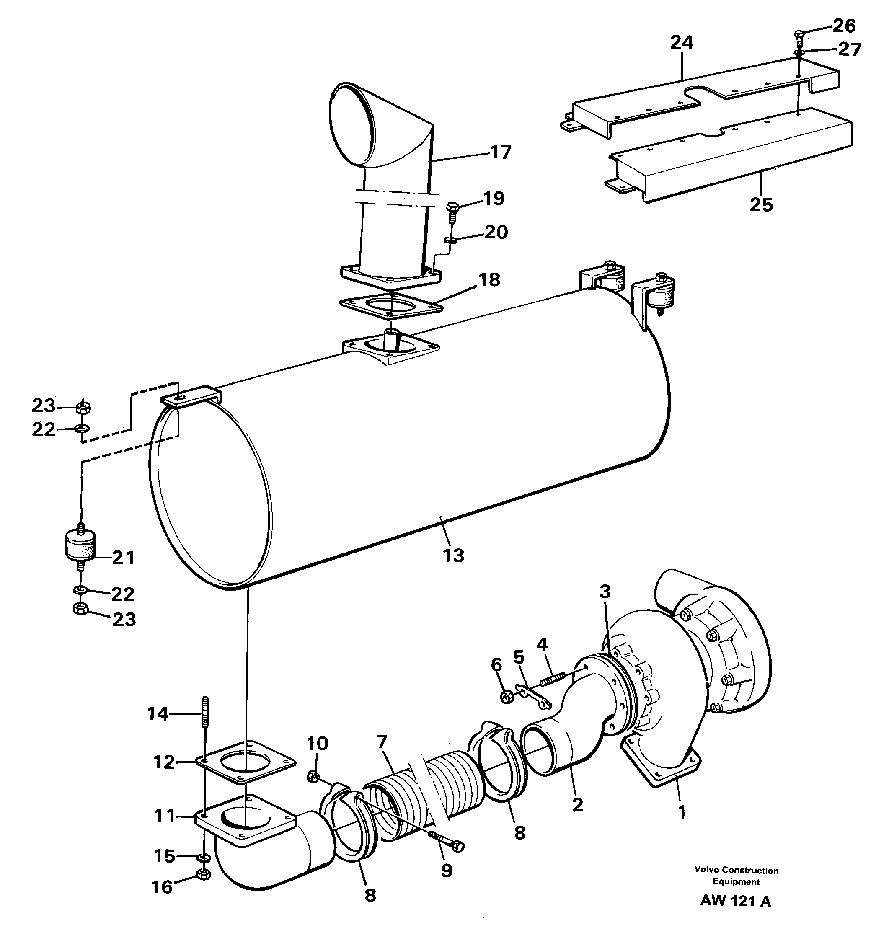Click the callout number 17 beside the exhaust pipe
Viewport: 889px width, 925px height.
pyautogui.click(x=500, y=152)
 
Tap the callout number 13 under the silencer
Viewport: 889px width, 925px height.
pyautogui.click(x=453, y=556)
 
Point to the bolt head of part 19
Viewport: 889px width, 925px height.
pyautogui.click(x=452, y=206)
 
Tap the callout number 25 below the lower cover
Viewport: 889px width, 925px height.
pyautogui.click(x=761, y=205)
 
